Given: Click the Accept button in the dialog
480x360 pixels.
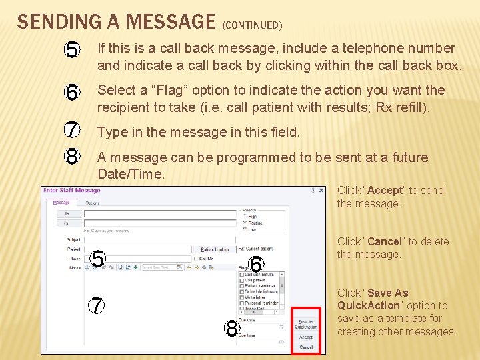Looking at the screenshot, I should pyautogui.click(x=305, y=337).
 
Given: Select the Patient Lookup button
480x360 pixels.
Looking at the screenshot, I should pyautogui.click(x=215, y=249).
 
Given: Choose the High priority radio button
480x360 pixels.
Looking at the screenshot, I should pyautogui.click(x=245, y=217).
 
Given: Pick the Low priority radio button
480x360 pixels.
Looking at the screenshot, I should pyautogui.click(x=245, y=229).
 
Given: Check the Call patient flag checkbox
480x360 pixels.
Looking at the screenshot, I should pyautogui.click(x=242, y=280).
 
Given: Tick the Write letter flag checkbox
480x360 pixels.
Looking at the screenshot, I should pyautogui.click(x=242, y=297).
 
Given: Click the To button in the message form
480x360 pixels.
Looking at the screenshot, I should pyautogui.click(x=67, y=214).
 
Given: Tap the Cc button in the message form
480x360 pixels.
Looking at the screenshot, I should pyautogui.click(x=67, y=224).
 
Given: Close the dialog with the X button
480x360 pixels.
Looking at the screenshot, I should pyautogui.click(x=322, y=191).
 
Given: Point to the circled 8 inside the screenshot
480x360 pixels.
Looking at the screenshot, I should pyautogui.click(x=231, y=328).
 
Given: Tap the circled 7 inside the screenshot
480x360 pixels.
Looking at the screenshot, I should pyautogui.click(x=97, y=305).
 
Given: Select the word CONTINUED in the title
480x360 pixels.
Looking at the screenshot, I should pyautogui.click(x=253, y=26).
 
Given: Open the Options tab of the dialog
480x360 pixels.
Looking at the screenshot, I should pyautogui.click(x=92, y=203).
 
